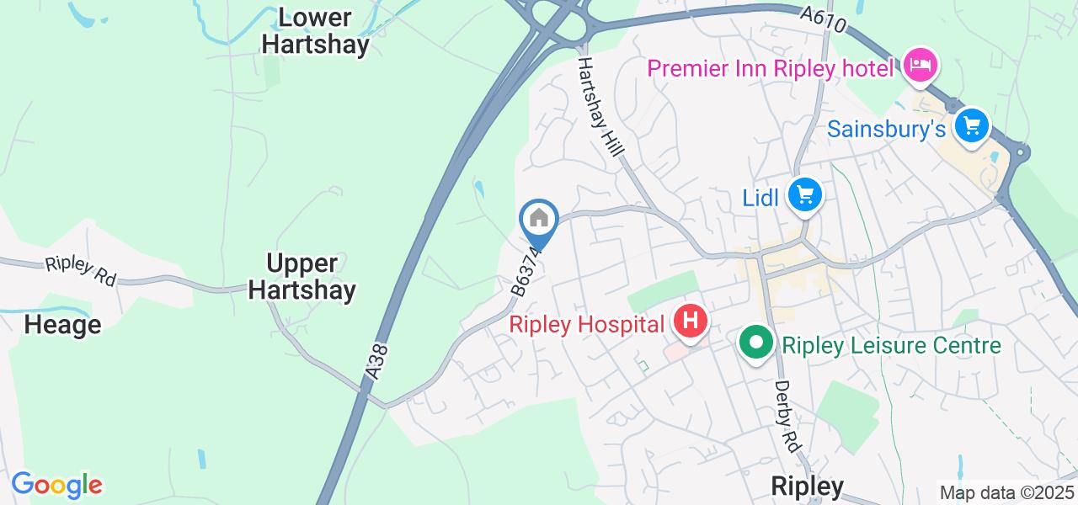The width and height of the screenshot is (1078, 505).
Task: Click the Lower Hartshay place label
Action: click(x=315, y=31)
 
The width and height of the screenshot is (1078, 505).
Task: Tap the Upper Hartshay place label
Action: click(x=302, y=277)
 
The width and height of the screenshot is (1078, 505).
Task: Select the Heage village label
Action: click(x=62, y=325)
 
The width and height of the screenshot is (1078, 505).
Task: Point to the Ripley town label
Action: click(x=808, y=486)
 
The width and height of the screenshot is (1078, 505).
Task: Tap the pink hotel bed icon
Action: click(x=920, y=65)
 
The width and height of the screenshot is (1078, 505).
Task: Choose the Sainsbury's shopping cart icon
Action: click(x=972, y=126)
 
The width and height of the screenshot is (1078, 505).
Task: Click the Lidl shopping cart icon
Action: click(x=804, y=195)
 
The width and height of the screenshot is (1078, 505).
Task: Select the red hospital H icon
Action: click(x=691, y=322)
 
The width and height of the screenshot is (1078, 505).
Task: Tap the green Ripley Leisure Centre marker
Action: click(x=756, y=343)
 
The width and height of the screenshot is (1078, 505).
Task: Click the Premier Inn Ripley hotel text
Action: click(x=770, y=68)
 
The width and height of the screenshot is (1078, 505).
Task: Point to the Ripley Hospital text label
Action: click(x=586, y=324)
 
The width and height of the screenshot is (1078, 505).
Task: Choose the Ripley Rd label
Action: click(x=81, y=270)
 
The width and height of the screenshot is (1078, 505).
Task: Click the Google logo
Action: click(x=56, y=485)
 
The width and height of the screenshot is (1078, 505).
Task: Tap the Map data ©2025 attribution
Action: click(x=1007, y=493)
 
